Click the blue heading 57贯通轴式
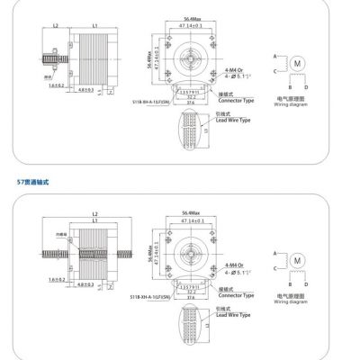click(34, 182)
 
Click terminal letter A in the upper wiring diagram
click(274, 55)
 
